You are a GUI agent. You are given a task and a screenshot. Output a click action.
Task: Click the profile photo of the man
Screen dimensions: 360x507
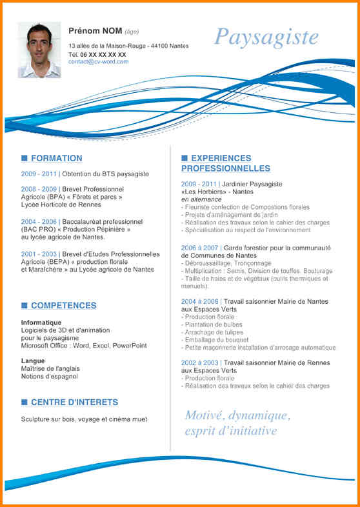click(39, 50)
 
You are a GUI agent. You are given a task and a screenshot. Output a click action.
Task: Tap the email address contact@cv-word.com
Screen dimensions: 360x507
click(98, 62)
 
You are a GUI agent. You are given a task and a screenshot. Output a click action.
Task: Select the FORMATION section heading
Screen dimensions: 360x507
click(56, 158)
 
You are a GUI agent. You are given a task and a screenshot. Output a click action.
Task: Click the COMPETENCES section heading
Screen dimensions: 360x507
click(63, 306)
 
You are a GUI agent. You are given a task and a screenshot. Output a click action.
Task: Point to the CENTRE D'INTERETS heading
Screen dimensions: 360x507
click(74, 403)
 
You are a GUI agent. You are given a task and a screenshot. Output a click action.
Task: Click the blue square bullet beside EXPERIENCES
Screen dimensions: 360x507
click(185, 158)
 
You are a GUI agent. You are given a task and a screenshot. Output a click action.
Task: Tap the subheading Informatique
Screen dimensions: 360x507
click(41, 323)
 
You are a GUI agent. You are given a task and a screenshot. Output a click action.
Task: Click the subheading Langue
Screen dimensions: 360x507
click(33, 361)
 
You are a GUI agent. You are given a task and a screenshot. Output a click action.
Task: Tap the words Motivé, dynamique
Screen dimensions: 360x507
click(237, 415)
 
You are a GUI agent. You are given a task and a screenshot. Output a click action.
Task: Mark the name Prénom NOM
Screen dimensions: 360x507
click(95, 31)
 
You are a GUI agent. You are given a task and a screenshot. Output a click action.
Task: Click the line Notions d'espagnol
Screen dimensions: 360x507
click(49, 376)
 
